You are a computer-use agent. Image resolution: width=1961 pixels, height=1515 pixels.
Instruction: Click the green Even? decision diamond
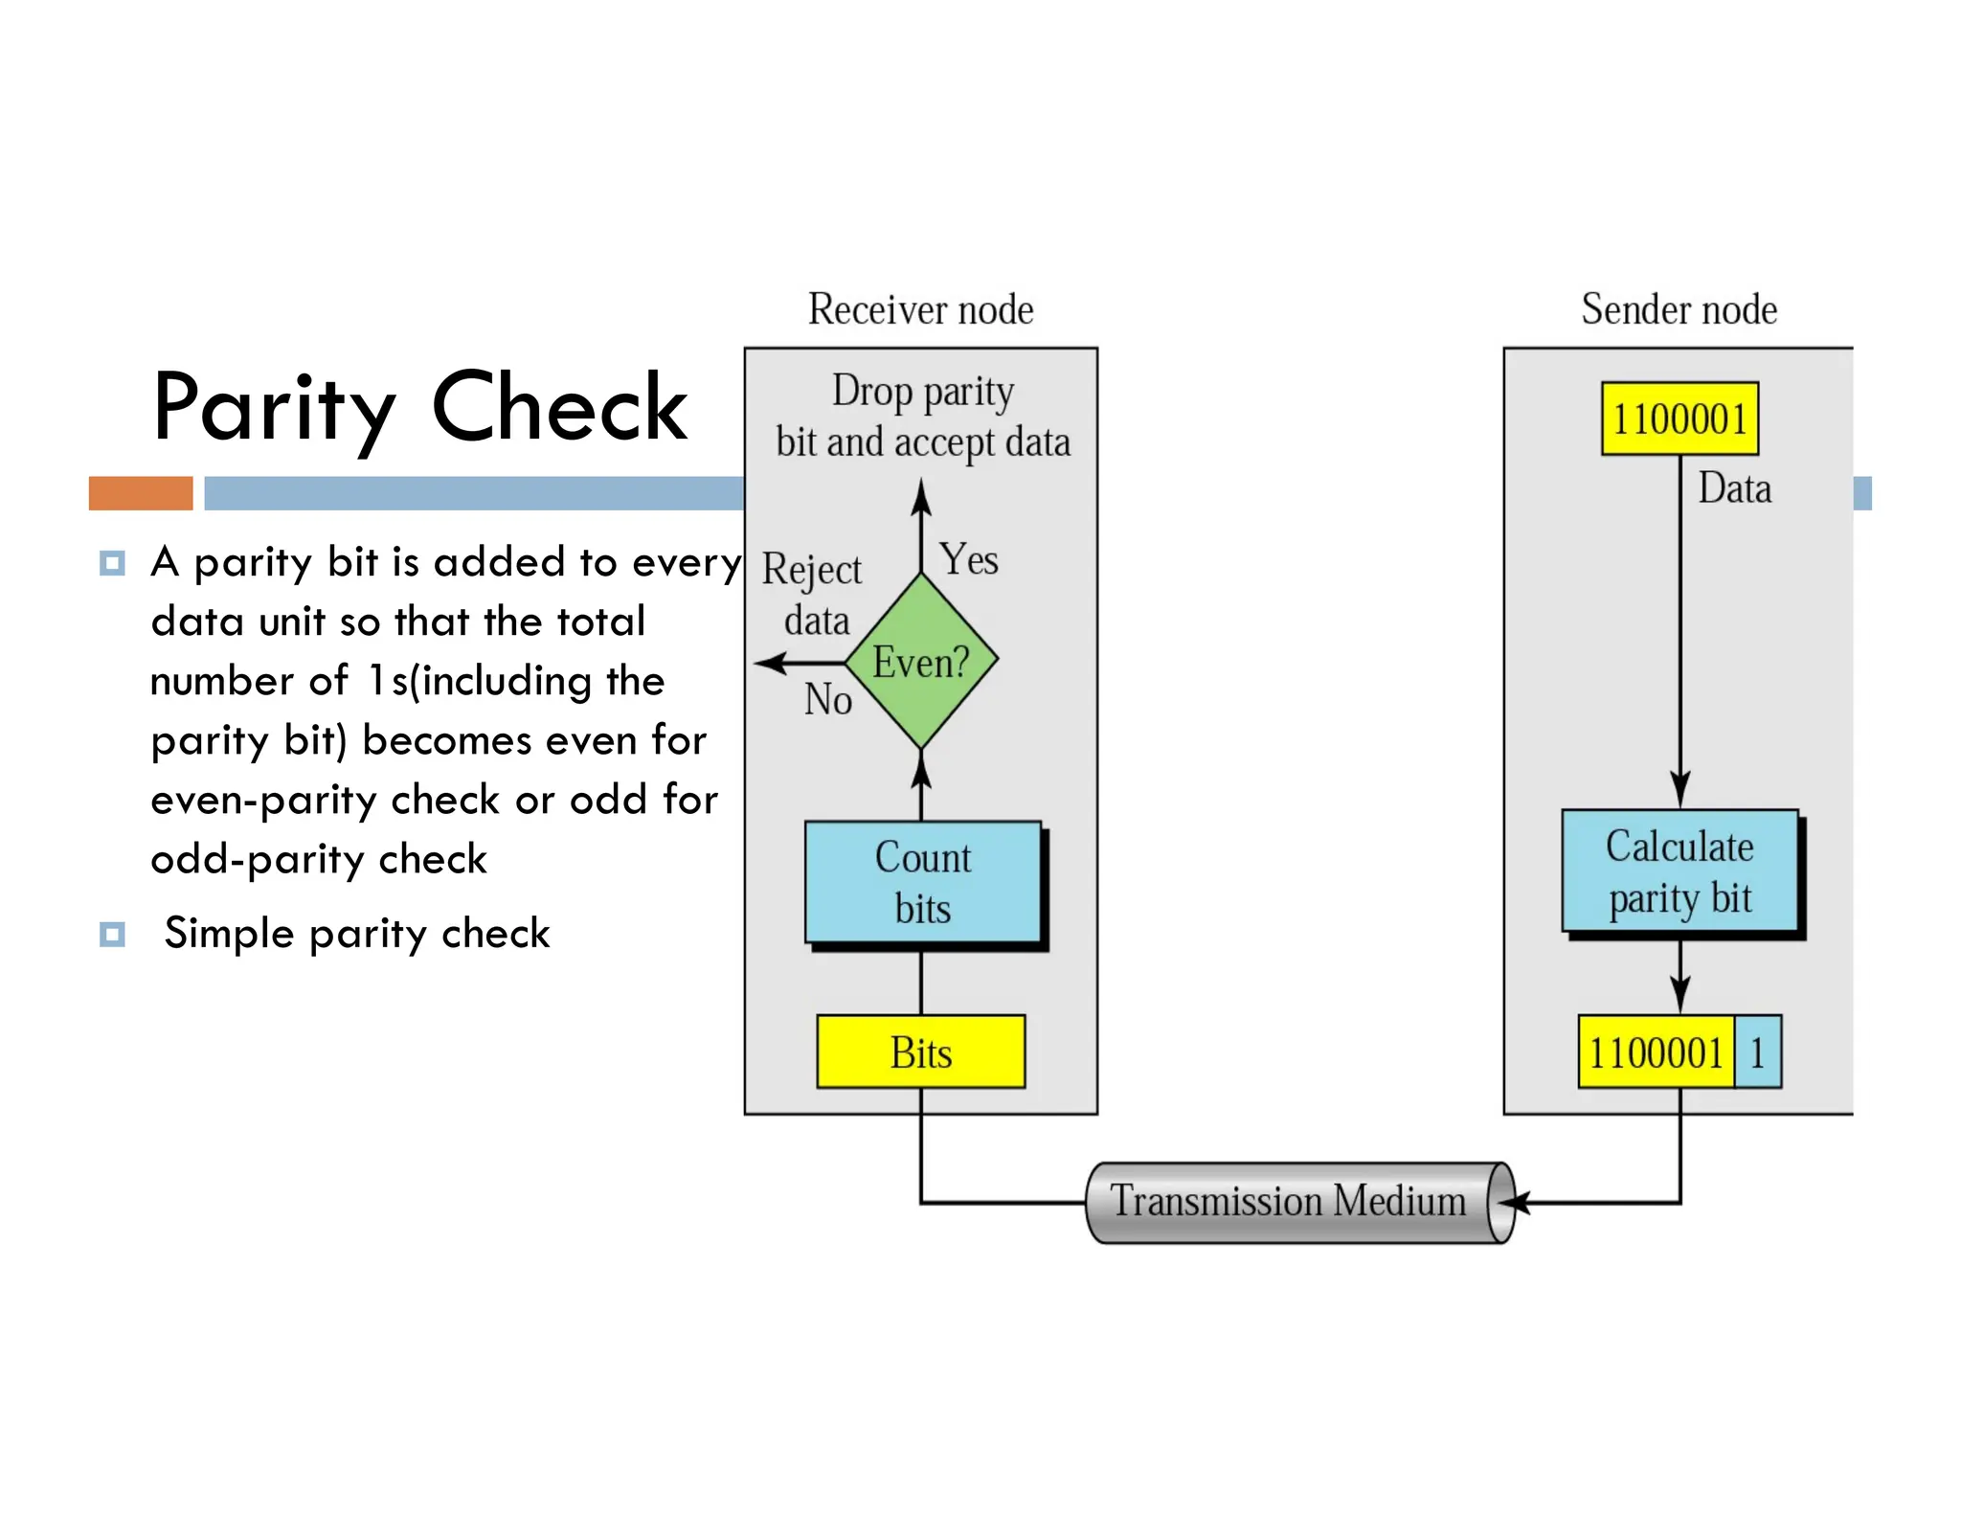(x=921, y=661)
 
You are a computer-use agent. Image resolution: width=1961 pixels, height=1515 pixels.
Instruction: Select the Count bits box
(x=922, y=882)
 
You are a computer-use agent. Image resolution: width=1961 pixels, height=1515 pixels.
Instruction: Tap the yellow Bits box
(x=920, y=1051)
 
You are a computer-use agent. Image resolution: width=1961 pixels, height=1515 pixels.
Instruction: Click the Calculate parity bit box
(x=1679, y=871)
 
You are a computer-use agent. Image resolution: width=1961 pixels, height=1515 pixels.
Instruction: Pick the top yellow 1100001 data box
(x=1679, y=418)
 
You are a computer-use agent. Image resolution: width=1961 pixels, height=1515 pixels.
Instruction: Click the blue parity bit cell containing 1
(x=1757, y=1052)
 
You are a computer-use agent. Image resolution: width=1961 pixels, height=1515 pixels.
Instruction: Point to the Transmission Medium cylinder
(x=1287, y=1202)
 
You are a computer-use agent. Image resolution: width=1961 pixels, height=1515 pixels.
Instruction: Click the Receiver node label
(x=920, y=309)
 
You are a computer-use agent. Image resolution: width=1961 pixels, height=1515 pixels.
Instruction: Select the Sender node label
(x=1679, y=309)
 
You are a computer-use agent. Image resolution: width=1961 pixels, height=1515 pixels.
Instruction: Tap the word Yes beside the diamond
(x=969, y=559)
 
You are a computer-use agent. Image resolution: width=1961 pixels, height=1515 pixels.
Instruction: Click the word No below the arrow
(x=827, y=699)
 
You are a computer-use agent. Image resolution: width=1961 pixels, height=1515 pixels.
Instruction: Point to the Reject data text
(x=813, y=594)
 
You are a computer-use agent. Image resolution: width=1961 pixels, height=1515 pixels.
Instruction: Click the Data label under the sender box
(x=1734, y=488)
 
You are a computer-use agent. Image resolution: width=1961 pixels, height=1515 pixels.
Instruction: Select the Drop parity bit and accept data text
(x=922, y=417)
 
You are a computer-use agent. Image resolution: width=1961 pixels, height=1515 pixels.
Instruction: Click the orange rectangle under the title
(x=141, y=493)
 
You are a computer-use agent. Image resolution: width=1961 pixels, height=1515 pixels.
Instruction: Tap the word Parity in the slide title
(x=274, y=409)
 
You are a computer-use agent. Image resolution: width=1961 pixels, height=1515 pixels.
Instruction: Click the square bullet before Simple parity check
(x=112, y=934)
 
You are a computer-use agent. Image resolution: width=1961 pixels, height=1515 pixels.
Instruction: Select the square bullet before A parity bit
(x=112, y=562)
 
